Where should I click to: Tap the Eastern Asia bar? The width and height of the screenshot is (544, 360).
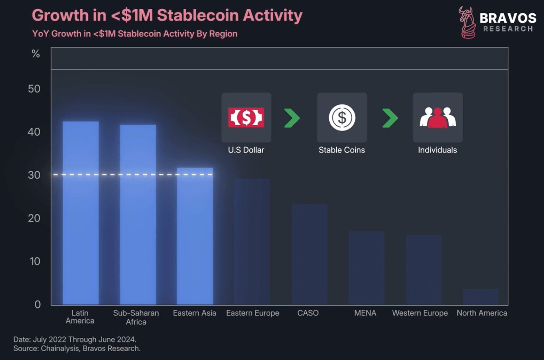(x=195, y=236)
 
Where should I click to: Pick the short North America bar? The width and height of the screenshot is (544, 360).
(x=481, y=296)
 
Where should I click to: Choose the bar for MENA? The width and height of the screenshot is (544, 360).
(x=367, y=268)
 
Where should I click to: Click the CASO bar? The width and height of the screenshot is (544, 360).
(x=309, y=254)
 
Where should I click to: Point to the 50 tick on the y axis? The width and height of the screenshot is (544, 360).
(x=35, y=89)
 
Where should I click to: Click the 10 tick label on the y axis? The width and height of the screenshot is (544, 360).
(x=35, y=261)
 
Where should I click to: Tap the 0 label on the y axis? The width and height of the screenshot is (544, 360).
(x=38, y=304)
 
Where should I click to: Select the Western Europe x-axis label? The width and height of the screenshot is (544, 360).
(x=420, y=313)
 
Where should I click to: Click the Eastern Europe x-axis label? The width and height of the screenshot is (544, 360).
(x=252, y=313)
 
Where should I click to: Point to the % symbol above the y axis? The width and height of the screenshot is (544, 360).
(x=36, y=54)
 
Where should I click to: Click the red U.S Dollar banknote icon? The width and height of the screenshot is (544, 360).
(x=246, y=118)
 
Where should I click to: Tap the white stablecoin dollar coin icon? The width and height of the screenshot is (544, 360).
(x=342, y=118)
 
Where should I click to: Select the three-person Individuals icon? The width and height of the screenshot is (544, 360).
(x=438, y=118)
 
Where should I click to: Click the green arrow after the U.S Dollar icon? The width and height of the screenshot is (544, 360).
(x=292, y=118)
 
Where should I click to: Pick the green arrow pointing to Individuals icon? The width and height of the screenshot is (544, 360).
(x=390, y=118)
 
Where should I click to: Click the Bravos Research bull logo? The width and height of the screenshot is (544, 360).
(x=467, y=23)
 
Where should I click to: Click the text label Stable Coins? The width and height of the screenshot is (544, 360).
(x=342, y=150)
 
